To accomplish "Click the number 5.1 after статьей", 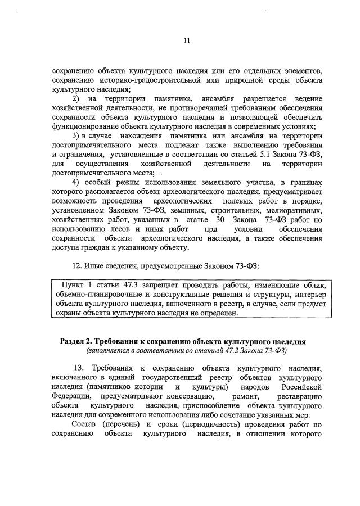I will [x=237, y=153].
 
